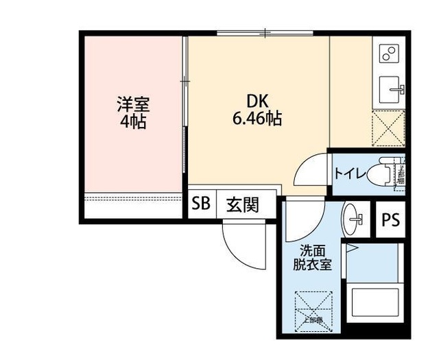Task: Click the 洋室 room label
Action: [132, 105]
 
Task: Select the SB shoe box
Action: [201, 204]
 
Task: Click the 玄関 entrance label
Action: [243, 204]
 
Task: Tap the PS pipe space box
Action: [391, 221]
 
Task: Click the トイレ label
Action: [348, 173]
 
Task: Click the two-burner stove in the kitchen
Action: [388, 53]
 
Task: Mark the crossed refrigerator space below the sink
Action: [388, 128]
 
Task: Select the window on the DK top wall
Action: [265, 33]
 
